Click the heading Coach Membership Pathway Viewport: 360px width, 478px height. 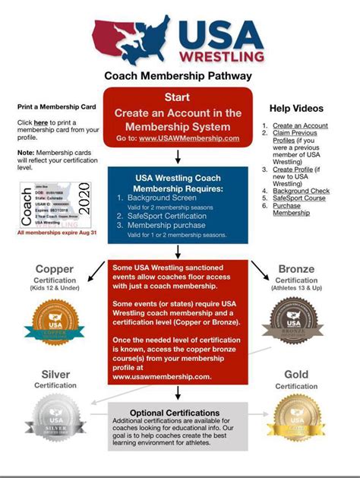[x=179, y=77]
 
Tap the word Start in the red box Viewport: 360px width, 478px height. [x=177, y=97]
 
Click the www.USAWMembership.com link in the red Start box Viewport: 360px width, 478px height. [x=199, y=138]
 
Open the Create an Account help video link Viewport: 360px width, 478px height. [x=300, y=125]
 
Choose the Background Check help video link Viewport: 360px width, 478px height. [x=302, y=190]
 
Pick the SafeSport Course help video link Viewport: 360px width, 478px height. [x=299, y=198]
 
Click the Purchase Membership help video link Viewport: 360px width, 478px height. [x=291, y=209]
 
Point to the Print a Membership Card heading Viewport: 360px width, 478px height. [x=56, y=106]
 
